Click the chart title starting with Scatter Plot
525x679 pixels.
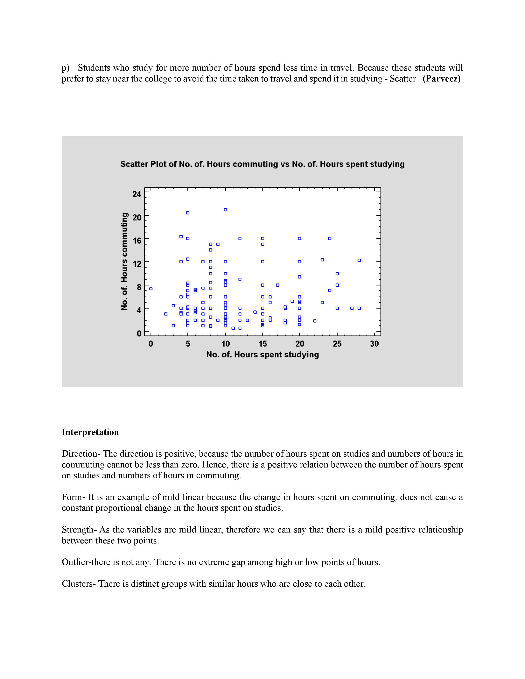tap(262, 164)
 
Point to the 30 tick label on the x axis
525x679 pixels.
tap(374, 344)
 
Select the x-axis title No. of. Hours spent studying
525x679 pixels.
tap(262, 355)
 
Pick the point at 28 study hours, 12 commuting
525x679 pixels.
tap(359, 260)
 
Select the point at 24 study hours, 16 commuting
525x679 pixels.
tap(330, 239)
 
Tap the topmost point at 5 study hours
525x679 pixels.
tap(188, 213)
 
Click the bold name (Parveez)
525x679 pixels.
tap(442, 79)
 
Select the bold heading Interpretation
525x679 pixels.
tap(90, 432)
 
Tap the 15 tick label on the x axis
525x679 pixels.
tap(262, 344)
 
